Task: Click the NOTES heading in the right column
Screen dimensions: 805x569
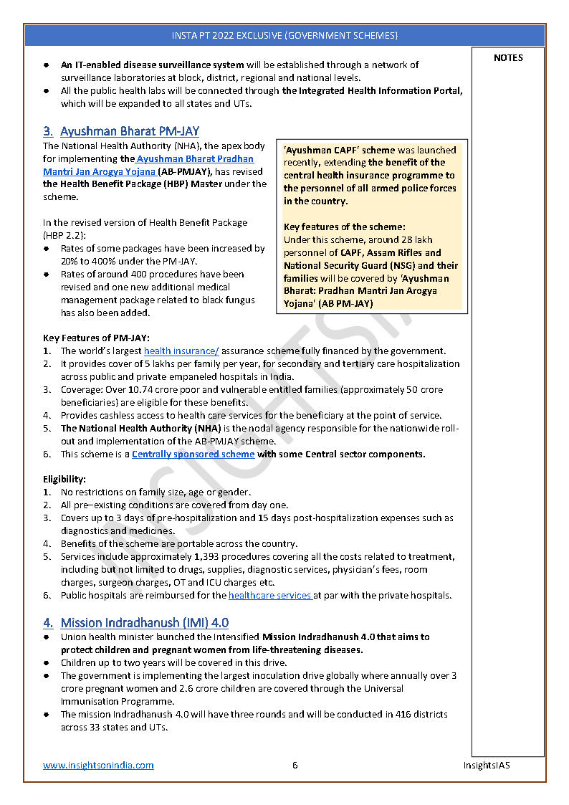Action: (508, 58)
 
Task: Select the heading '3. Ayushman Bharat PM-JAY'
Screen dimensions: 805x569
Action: (120, 131)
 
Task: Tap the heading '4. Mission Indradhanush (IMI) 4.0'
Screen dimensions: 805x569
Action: (135, 623)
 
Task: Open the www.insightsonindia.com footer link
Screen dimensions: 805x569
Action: (98, 765)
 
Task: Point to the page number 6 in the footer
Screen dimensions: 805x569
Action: (295, 765)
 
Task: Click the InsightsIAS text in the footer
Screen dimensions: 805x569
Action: (486, 765)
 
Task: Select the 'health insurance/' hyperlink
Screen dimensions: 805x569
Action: (181, 351)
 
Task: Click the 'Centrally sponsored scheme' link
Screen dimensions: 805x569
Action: (193, 454)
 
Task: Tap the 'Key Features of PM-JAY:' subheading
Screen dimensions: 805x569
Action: (96, 338)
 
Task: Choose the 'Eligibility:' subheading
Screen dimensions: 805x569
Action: (64, 479)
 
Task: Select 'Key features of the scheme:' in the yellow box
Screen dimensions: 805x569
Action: (344, 227)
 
